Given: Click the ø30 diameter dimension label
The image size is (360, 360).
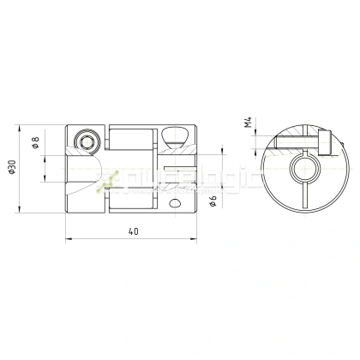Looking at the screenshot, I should (12, 169).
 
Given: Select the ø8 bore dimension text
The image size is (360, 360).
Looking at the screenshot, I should (37, 144).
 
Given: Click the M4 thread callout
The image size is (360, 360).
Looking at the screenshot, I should (248, 126).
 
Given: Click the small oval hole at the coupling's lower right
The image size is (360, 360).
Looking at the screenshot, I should (176, 204).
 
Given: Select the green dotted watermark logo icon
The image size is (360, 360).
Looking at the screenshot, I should (109, 179).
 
